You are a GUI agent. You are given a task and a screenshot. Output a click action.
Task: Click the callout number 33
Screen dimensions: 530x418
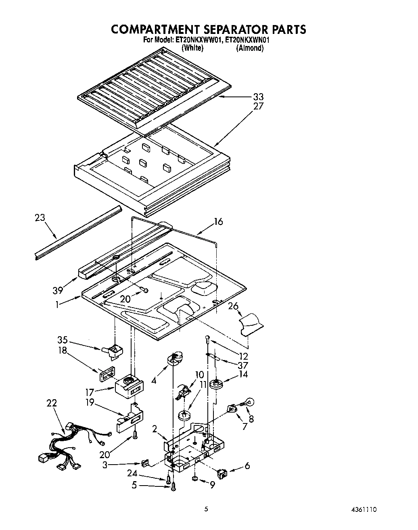point(258,97)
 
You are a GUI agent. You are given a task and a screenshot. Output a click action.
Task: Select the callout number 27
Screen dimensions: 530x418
point(258,106)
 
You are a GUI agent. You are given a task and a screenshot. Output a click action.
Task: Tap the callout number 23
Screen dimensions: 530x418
point(40,218)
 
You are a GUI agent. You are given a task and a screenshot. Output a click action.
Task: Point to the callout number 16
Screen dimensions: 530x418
point(218,222)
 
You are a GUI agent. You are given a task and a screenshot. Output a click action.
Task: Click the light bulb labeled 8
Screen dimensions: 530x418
point(248,402)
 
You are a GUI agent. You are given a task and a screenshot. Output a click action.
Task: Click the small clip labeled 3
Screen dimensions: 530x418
point(146,463)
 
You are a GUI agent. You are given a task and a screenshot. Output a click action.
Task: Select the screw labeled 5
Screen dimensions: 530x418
point(174,488)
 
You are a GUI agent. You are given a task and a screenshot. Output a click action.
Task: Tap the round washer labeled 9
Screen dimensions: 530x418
point(195,478)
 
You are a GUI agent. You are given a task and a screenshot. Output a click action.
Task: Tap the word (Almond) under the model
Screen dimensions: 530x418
point(250,48)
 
